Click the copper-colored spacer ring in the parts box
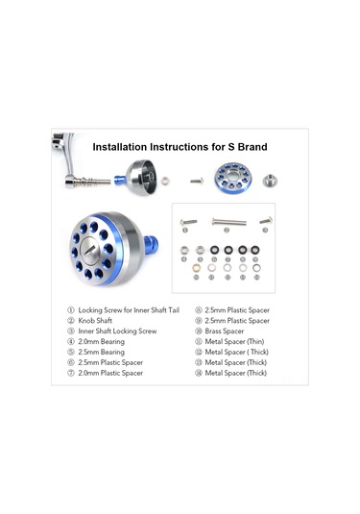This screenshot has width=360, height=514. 186,258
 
